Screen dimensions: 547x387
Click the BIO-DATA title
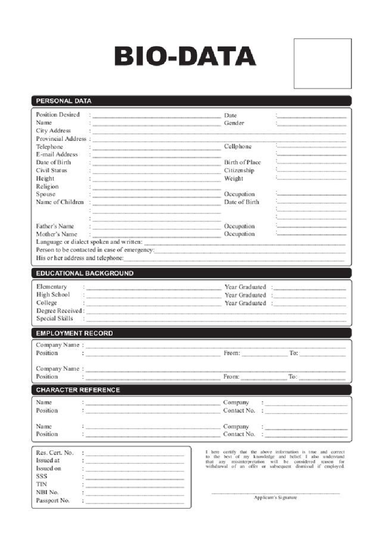click(185, 56)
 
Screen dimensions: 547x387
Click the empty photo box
click(322, 64)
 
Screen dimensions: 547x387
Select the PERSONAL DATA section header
click(64, 101)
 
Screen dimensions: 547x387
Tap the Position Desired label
click(58, 115)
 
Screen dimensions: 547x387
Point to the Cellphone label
click(238, 146)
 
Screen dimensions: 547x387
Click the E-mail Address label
click(57, 154)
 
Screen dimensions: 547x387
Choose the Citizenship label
click(239, 170)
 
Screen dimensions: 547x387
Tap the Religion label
click(47, 186)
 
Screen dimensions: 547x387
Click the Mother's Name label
click(56, 234)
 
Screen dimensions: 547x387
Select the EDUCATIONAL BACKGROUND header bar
click(84, 273)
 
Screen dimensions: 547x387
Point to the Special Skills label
click(55, 319)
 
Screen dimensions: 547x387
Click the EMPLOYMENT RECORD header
click(74, 333)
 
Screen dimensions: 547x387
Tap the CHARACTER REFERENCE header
click(78, 390)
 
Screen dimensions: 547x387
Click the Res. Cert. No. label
click(55, 453)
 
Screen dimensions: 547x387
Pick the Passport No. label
click(53, 501)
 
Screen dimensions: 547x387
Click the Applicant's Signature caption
click(275, 498)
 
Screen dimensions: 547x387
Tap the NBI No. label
click(47, 492)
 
